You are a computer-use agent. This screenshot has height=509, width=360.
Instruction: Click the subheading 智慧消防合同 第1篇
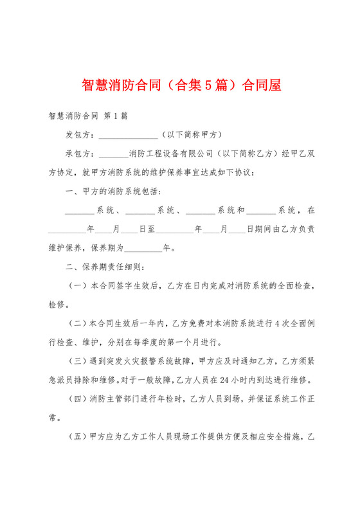(x=87, y=117)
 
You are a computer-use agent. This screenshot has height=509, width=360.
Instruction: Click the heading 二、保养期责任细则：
(x=105, y=265)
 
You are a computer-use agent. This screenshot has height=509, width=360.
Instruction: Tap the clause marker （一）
(x=78, y=284)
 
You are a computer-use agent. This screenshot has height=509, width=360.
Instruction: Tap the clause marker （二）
(x=78, y=321)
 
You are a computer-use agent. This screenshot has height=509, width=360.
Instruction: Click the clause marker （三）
(x=78, y=359)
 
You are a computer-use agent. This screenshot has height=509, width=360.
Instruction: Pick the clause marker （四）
(x=78, y=396)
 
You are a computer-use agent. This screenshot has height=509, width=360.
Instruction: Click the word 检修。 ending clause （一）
(x=62, y=303)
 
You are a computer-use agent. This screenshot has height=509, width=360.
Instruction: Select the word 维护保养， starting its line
(x=64, y=247)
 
